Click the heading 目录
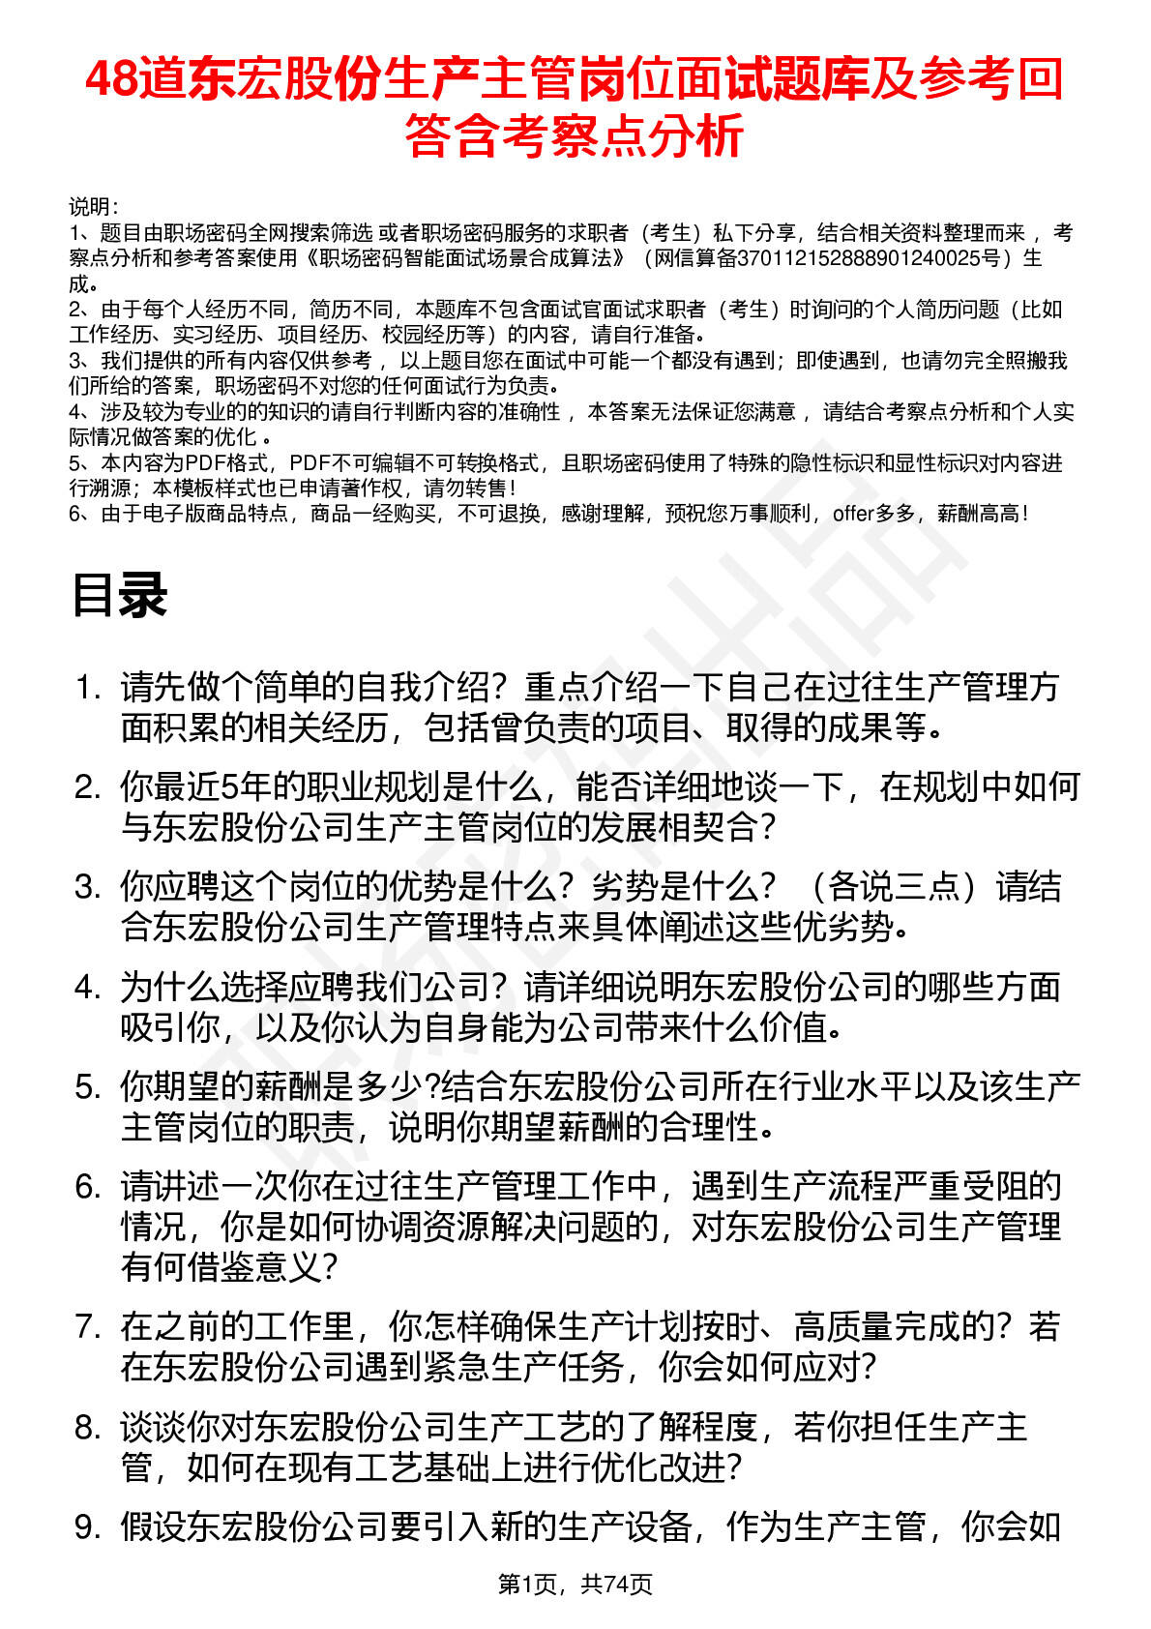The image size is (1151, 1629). tap(119, 595)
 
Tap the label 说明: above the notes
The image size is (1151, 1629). tap(93, 207)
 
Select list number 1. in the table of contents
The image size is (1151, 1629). tap(88, 689)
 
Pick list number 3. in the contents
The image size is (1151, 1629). tap(88, 887)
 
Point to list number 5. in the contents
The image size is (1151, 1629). tap(88, 1087)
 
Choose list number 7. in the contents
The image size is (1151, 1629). tap(88, 1327)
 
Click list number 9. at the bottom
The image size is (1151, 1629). tap(88, 1527)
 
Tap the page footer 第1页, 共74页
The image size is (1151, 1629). tap(575, 1584)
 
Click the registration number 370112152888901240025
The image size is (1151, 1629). tap(868, 258)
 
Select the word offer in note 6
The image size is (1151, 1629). tap(852, 514)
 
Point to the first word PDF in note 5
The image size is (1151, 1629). tap(203, 463)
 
